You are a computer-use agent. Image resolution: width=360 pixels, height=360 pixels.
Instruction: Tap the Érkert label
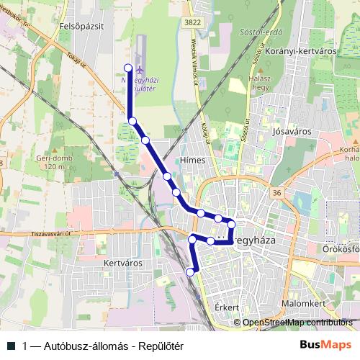coord(226,307)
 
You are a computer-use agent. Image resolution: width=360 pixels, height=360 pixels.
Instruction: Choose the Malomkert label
coord(301,304)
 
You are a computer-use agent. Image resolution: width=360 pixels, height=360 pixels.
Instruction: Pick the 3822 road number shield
coord(192,23)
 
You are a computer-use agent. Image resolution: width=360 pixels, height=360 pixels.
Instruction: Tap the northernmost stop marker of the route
coord(129,68)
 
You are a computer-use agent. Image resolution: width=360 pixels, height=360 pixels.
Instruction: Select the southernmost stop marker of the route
coord(190,271)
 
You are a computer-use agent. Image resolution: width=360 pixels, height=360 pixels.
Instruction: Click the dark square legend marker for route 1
coord(12,346)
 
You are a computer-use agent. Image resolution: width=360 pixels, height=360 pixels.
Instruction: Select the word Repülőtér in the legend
coord(163,346)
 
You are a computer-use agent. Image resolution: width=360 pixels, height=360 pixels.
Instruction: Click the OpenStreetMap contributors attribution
coord(297,323)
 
